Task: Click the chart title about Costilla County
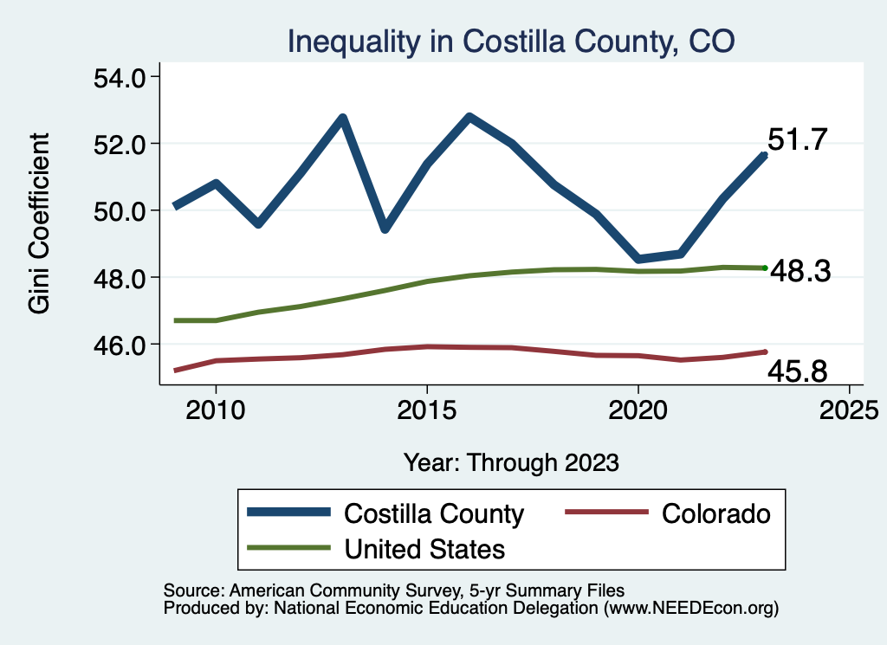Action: coord(510,41)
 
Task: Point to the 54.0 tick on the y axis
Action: coord(120,78)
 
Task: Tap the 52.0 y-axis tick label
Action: coord(120,144)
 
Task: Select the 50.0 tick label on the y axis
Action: coord(120,210)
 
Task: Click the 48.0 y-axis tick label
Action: coord(120,278)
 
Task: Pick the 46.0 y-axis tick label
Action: coord(120,345)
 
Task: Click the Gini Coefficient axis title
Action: coord(40,223)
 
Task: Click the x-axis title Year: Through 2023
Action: coord(511,462)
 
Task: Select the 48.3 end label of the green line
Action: coord(800,272)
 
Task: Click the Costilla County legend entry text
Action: coord(434,513)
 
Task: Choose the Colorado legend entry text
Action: coord(715,513)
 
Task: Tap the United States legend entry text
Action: coord(424,548)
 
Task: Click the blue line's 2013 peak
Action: coord(342,118)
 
